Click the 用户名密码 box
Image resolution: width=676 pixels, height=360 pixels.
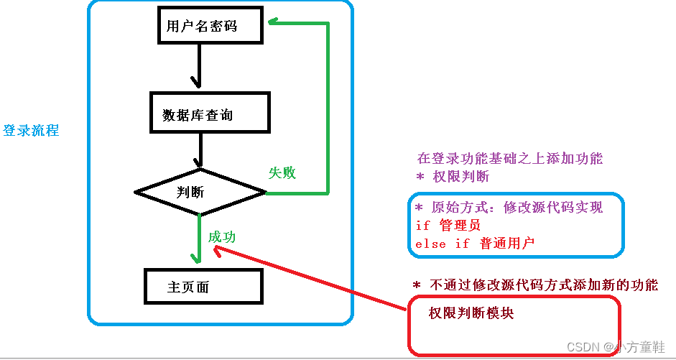click(202, 27)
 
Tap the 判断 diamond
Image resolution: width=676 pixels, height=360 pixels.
click(200, 192)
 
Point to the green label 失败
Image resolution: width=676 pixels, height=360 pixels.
click(282, 173)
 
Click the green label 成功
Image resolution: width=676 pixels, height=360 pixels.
click(222, 237)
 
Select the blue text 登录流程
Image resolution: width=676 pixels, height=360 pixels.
click(31, 131)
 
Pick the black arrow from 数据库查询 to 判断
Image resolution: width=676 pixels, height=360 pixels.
click(199, 152)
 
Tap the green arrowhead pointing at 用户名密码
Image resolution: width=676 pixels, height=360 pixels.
click(274, 22)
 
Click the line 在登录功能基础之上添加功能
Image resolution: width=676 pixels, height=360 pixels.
click(509, 159)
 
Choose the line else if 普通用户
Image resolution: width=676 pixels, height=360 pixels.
click(475, 244)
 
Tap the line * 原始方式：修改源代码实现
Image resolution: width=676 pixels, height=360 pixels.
click(509, 208)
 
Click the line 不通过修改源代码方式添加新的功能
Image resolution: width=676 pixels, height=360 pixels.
click(543, 285)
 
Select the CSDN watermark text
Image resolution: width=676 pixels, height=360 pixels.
click(616, 346)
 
